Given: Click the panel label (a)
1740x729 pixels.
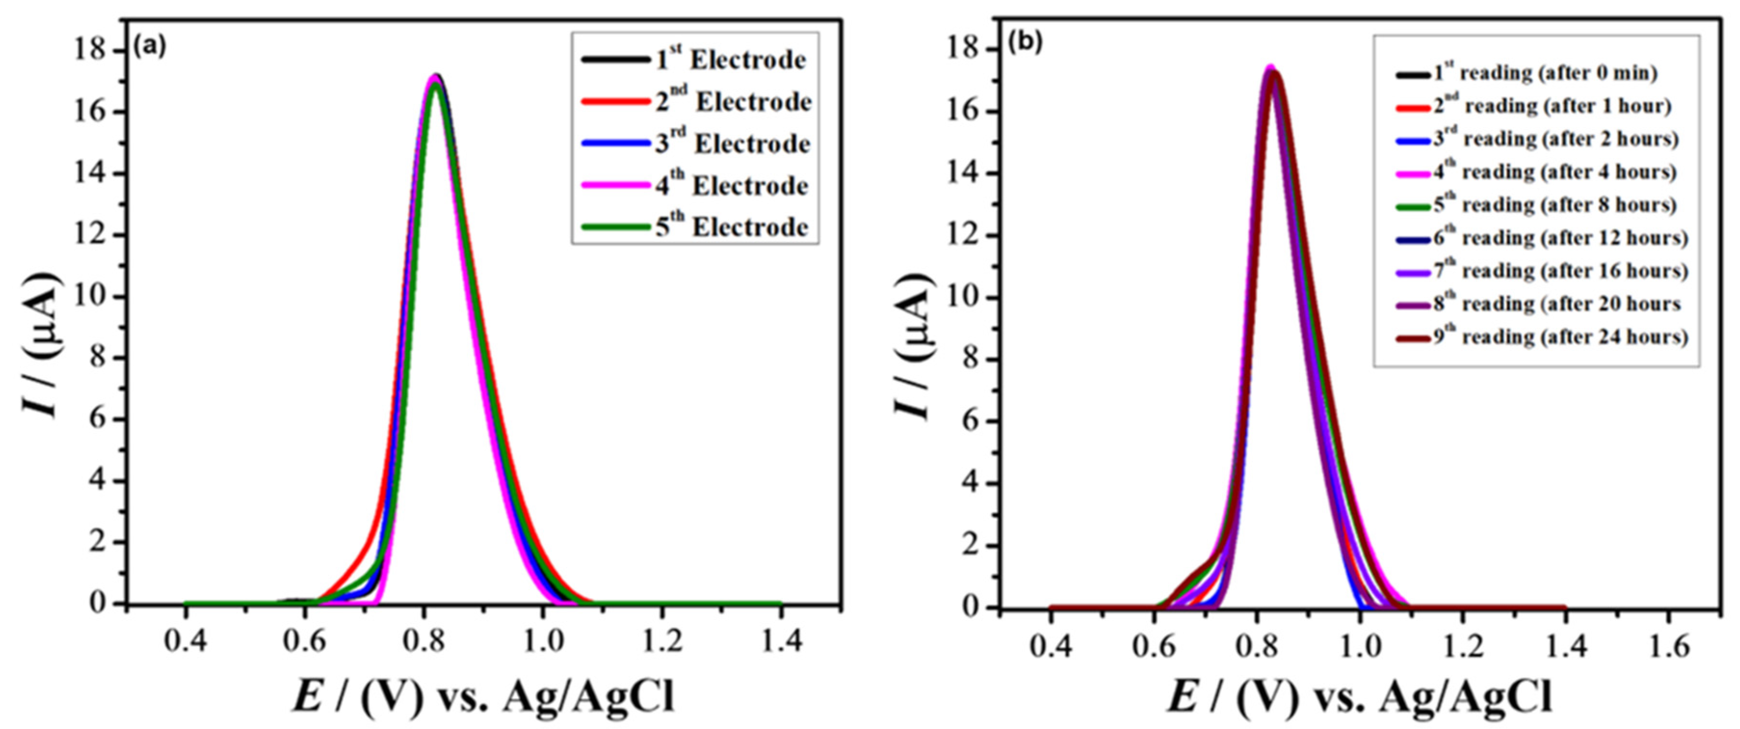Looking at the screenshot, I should pyautogui.click(x=149, y=47).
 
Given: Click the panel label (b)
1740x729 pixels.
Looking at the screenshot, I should pyautogui.click(x=1025, y=42).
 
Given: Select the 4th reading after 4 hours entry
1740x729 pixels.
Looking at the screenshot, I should pyautogui.click(x=1554, y=172).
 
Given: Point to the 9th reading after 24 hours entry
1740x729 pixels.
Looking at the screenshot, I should pyautogui.click(x=1560, y=337).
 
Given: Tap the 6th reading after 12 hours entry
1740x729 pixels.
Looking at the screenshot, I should pyautogui.click(x=1560, y=238).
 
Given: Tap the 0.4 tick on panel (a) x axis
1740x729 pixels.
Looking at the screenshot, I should pyautogui.click(x=186, y=640).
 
